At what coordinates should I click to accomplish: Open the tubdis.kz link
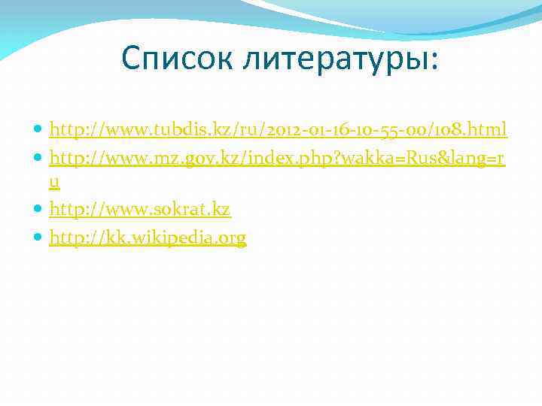[x=278, y=131]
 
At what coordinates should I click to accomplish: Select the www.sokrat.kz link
[x=140, y=210]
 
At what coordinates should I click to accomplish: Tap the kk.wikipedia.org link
[x=148, y=238]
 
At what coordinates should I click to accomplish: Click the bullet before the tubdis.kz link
[x=38, y=132]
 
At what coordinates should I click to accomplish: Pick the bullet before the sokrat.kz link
[x=38, y=211]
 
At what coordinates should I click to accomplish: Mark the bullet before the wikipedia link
[x=38, y=239]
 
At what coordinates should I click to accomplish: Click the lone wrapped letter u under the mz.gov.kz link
[x=54, y=183]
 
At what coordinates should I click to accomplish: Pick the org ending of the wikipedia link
[x=231, y=238]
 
